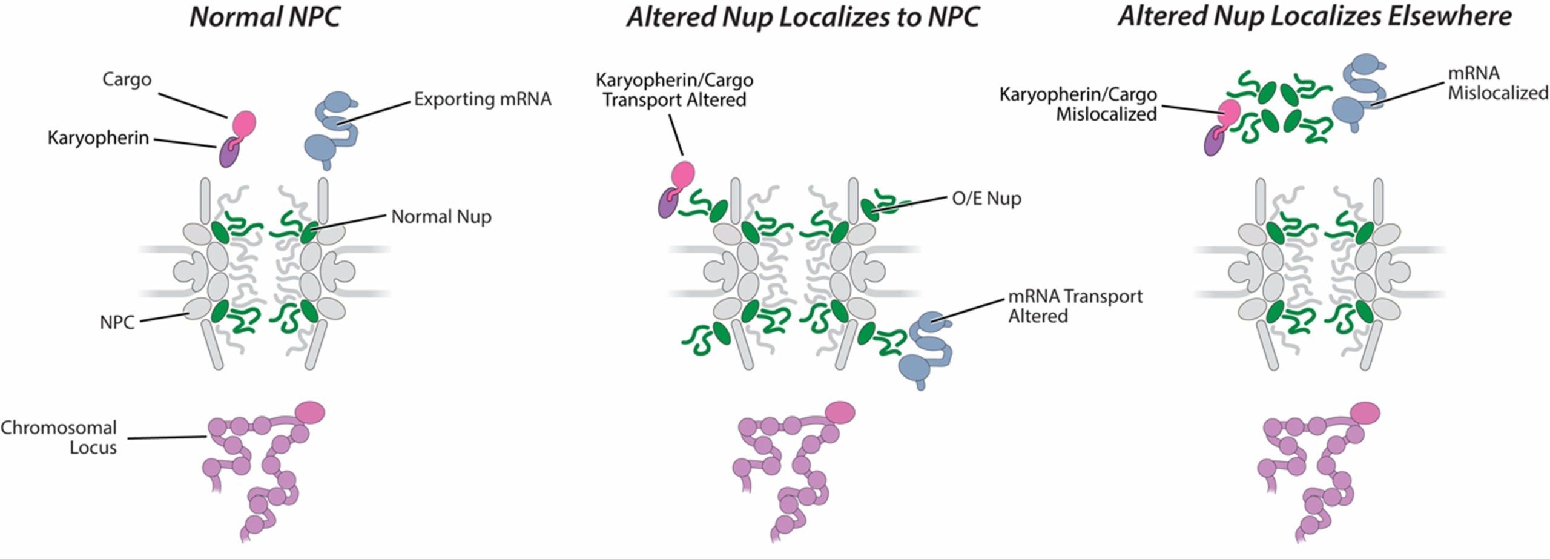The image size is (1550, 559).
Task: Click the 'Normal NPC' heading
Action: (x=265, y=17)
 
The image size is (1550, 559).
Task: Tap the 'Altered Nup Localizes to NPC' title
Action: (x=803, y=17)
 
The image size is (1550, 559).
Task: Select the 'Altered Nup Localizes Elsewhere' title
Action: (x=1314, y=16)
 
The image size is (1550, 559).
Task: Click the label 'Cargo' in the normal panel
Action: (x=127, y=79)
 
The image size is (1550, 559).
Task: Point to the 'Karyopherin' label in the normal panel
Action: (x=98, y=138)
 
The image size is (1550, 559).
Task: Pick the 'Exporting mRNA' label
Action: (x=483, y=99)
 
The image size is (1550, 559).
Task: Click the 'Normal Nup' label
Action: (x=441, y=216)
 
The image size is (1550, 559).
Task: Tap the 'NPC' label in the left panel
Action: (x=117, y=322)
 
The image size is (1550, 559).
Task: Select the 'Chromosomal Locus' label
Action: (x=59, y=437)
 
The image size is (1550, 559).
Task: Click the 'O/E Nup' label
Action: (x=986, y=198)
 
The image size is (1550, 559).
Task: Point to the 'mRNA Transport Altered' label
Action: (x=1075, y=306)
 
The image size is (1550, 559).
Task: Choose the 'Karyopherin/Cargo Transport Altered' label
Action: (x=674, y=90)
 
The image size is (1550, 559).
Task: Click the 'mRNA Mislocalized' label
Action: (x=1497, y=83)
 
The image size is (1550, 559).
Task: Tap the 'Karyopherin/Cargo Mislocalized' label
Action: (x=1078, y=104)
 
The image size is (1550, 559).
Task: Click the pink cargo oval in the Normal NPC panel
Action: (x=245, y=123)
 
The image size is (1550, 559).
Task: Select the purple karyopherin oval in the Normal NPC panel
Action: (x=228, y=153)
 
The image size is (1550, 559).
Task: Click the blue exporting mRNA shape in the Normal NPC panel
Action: (x=331, y=129)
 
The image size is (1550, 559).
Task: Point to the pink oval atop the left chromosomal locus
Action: (x=309, y=412)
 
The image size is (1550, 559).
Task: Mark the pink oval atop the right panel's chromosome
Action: (x=1365, y=412)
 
